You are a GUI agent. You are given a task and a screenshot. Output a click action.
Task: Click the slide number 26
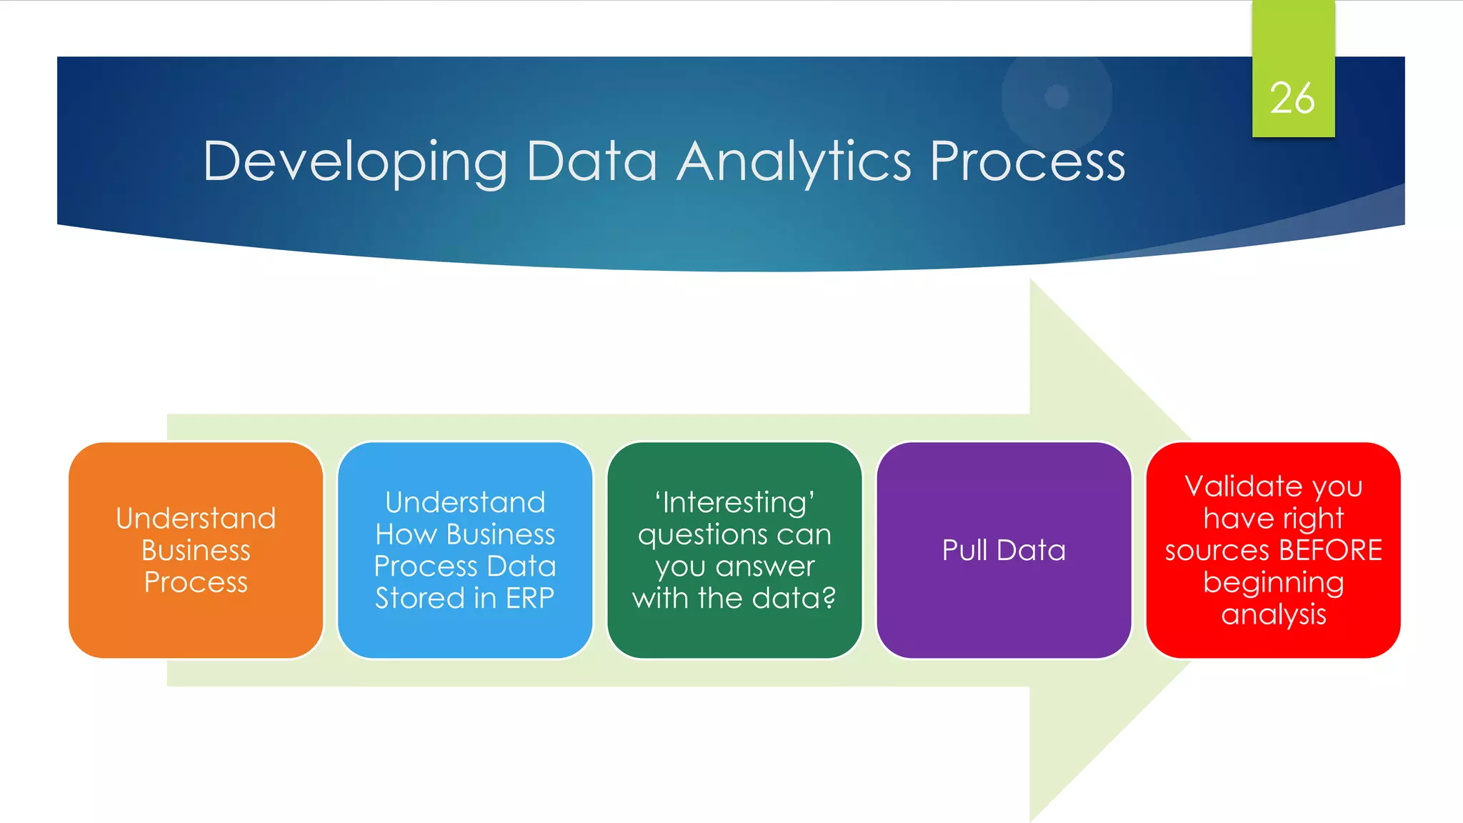tap(1292, 98)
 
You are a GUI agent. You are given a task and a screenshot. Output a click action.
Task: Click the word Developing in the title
tap(355, 163)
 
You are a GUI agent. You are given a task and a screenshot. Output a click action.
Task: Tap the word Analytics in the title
tap(794, 163)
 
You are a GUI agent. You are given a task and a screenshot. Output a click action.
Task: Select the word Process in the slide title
tap(1027, 161)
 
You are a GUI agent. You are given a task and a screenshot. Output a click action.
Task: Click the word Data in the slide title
tap(591, 161)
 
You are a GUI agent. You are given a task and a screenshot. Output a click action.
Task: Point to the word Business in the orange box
tap(196, 550)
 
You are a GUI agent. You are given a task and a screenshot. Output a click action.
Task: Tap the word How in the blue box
tap(405, 534)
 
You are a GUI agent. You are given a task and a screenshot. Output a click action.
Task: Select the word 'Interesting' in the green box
tap(734, 502)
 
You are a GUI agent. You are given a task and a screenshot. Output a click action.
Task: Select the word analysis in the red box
tap(1273, 614)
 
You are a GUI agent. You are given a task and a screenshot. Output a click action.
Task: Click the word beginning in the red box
tap(1273, 583)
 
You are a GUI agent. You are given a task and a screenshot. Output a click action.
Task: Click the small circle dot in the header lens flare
tap(1057, 96)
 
